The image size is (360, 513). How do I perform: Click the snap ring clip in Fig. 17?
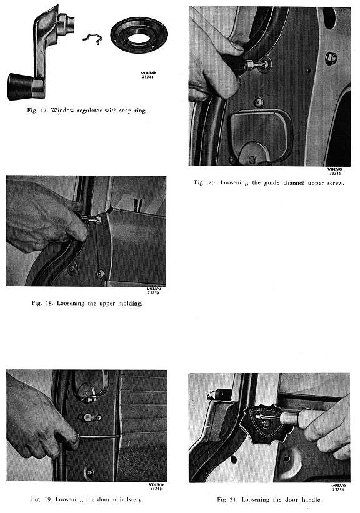pos(92,39)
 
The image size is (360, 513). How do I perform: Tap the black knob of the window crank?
pos(20,87)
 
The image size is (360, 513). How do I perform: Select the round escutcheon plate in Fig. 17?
pos(139,35)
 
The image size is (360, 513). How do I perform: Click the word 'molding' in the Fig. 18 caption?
pos(130,303)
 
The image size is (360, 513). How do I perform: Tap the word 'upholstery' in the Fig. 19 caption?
pos(127,500)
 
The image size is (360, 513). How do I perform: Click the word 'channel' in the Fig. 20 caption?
pos(293,183)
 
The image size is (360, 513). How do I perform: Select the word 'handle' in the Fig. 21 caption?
pos(312,500)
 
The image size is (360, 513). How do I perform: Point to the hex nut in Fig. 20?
pos(331,59)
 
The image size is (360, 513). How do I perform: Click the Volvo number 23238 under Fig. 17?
pos(148,77)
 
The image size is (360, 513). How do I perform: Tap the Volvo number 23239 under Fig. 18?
pos(153,293)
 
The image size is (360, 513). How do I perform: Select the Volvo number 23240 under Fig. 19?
pos(156,489)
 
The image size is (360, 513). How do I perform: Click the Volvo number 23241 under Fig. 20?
pos(335,174)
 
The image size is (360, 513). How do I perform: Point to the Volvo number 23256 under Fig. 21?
pos(338,490)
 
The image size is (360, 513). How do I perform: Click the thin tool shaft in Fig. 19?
pos(99,436)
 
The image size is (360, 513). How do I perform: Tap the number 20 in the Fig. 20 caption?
pos(212,182)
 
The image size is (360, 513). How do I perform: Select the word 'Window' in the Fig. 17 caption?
pos(62,110)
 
